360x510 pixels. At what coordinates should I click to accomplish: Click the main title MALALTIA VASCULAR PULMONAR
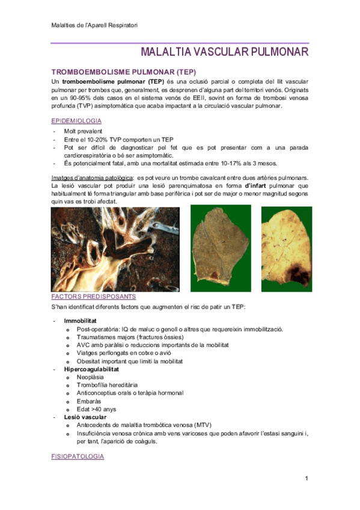tap(225, 52)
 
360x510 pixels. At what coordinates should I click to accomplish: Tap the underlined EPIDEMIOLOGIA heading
tap(76, 121)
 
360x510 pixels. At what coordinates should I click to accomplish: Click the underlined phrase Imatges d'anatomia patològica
tap(91, 177)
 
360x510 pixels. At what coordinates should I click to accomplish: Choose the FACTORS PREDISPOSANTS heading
tap(93, 296)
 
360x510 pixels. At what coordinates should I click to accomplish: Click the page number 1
tap(306, 479)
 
